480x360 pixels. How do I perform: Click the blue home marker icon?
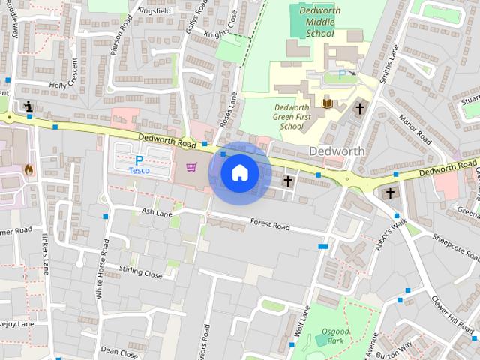240,172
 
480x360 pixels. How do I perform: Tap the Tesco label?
139,171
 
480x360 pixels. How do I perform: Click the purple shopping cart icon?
191,166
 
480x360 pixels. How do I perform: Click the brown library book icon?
326,103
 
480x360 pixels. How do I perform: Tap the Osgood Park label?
334,336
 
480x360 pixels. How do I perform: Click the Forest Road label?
270,225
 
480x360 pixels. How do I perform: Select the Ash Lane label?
157,212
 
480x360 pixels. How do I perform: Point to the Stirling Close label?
140,271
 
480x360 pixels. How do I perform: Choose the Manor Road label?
415,129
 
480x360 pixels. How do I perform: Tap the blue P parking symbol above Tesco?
139,160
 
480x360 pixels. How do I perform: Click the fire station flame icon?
28,169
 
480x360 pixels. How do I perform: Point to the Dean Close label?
119,352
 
